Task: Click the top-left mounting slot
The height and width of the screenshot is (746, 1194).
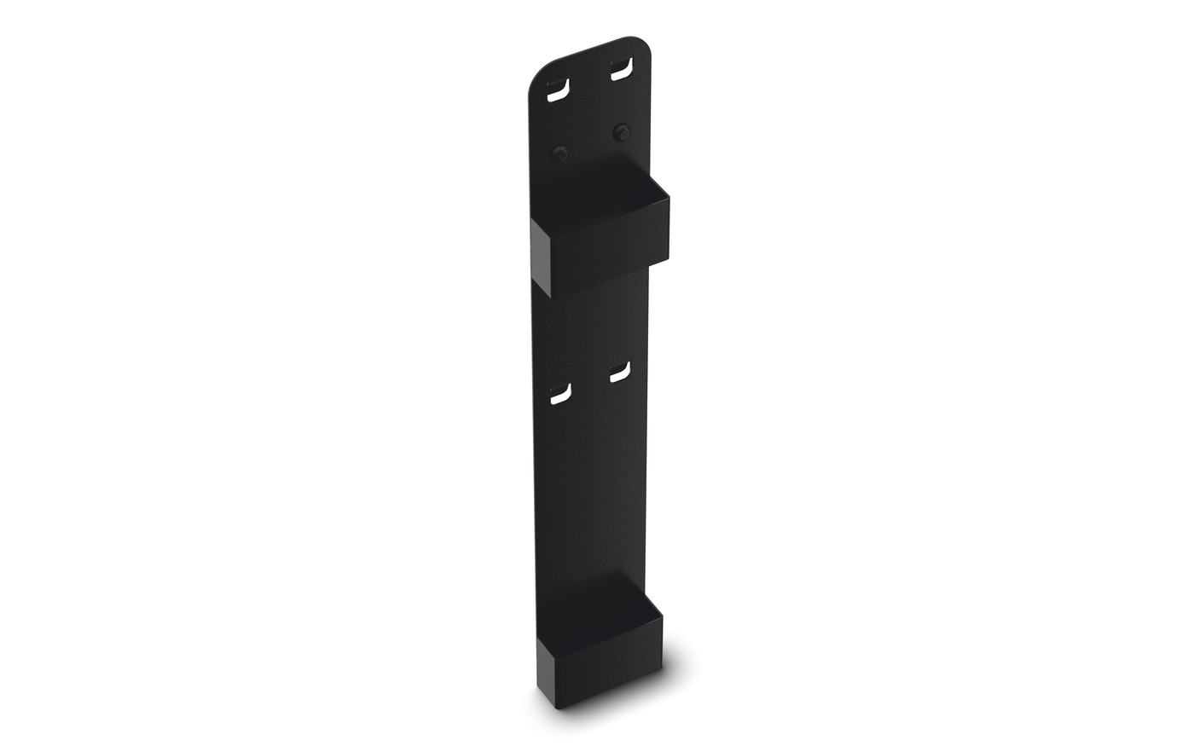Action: tap(557, 90)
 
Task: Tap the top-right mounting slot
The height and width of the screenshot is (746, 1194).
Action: tap(621, 70)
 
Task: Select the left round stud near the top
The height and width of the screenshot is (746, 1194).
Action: tap(560, 153)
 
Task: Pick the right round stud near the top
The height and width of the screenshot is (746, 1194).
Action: tap(623, 132)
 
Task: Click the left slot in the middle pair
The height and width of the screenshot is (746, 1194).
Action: tap(559, 394)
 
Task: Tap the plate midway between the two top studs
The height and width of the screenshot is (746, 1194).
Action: tap(592, 143)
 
